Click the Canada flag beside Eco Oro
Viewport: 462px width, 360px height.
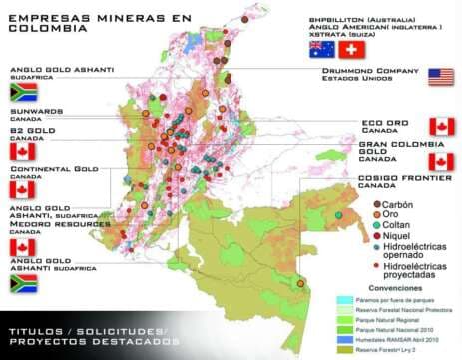coord(441,126)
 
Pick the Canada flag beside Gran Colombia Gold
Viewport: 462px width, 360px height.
coord(441,161)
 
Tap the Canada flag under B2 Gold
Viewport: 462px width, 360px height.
coord(22,151)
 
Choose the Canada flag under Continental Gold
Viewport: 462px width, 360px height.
coord(22,188)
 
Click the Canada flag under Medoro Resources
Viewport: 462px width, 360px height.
coord(22,246)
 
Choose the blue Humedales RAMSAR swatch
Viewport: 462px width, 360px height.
coord(342,340)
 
